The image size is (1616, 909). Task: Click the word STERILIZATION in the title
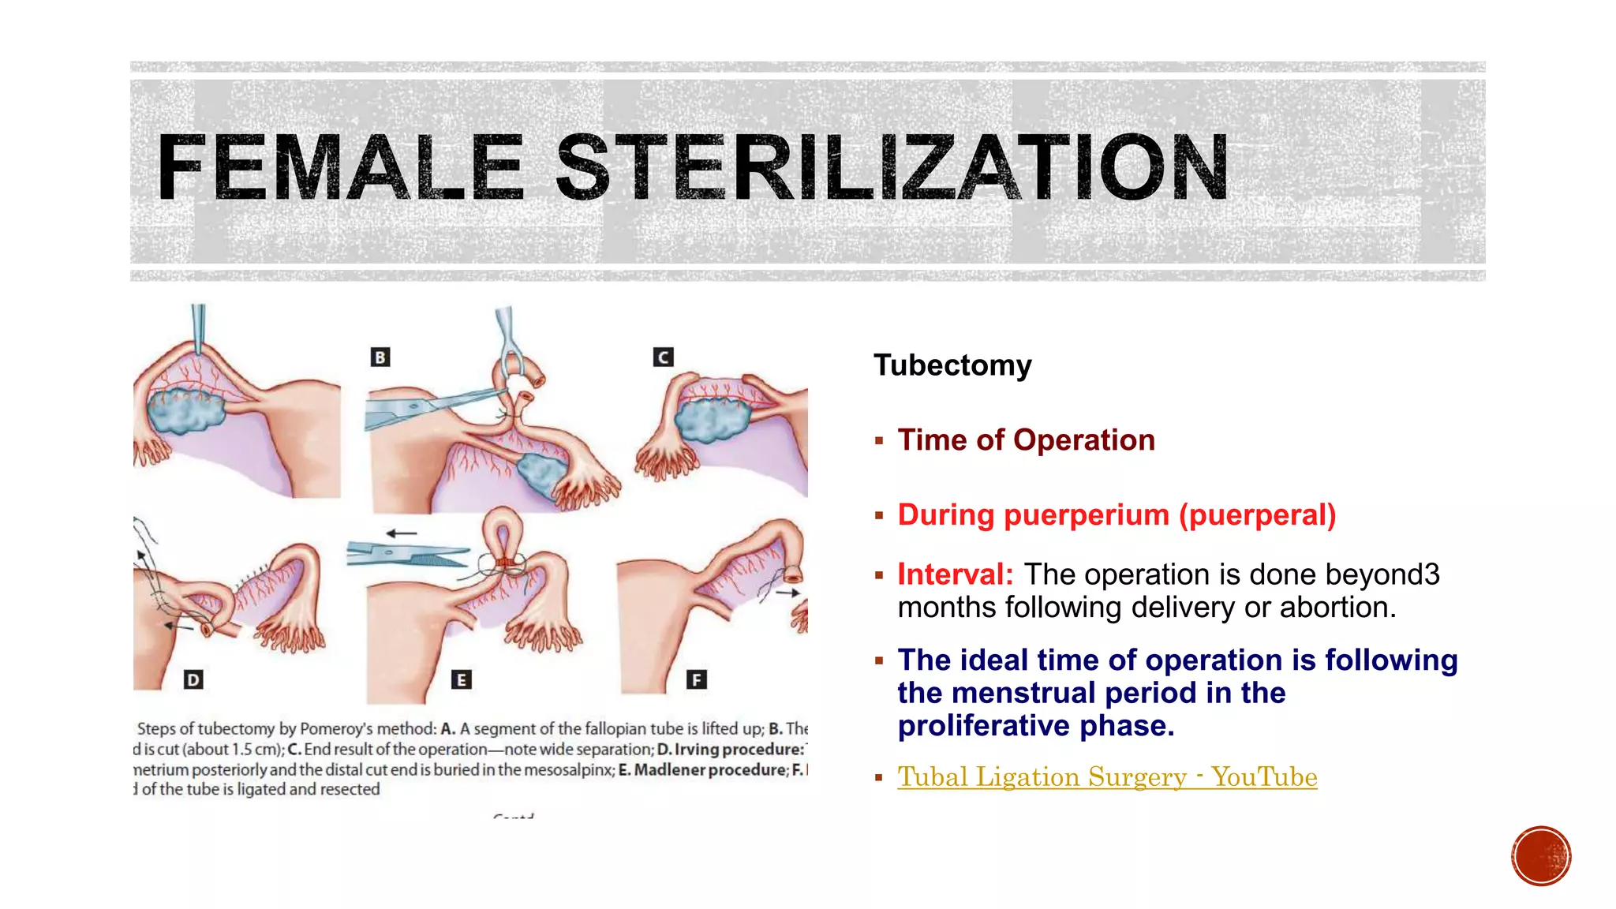[892, 167]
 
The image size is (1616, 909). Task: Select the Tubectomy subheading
[952, 365]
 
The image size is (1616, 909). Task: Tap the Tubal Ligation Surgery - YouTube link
[1106, 777]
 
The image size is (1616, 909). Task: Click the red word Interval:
[955, 574]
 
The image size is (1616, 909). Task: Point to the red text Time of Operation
[1026, 440]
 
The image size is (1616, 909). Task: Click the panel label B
[380, 357]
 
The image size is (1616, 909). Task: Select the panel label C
[664, 357]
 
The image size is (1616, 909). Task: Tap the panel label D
[193, 679]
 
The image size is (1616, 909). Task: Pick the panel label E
[462, 679]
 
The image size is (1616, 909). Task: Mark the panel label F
[696, 679]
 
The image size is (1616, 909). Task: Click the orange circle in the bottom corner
[1541, 856]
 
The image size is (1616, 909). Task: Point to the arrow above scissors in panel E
[401, 534]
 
